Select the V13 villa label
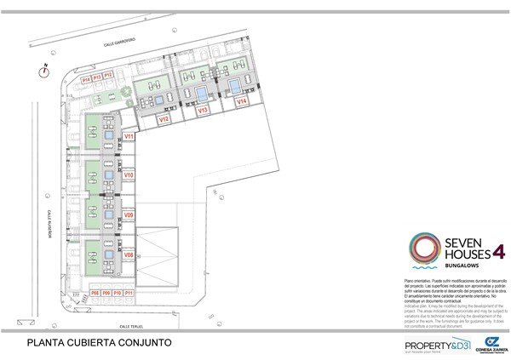coord(204,111)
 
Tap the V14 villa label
coord(242,101)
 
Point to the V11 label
coord(129,136)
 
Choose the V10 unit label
coord(129,174)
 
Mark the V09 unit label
coord(129,216)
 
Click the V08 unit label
coord(129,254)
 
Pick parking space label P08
coord(95,293)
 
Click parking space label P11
coord(128,293)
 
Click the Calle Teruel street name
coord(136,325)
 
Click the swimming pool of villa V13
coord(200,90)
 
